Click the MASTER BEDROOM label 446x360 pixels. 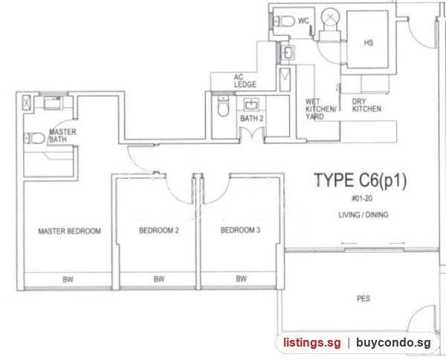[69, 231]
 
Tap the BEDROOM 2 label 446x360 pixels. [159, 231]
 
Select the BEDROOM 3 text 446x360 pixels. [240, 230]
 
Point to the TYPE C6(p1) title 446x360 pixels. [360, 181]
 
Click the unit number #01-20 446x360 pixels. [362, 199]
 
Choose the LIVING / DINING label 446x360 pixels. [363, 214]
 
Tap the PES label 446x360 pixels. [363, 298]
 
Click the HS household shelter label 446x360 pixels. [369, 42]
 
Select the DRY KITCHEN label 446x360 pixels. [366, 106]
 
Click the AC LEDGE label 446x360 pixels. [245, 81]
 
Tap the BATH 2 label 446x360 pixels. [252, 118]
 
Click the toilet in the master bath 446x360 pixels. [34, 138]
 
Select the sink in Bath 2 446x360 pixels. [251, 105]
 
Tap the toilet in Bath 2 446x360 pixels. [223, 106]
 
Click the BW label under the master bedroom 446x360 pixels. [68, 280]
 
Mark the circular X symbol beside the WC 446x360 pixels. [330, 18]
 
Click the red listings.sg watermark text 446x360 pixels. [311, 342]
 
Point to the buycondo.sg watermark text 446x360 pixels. [393, 342]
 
